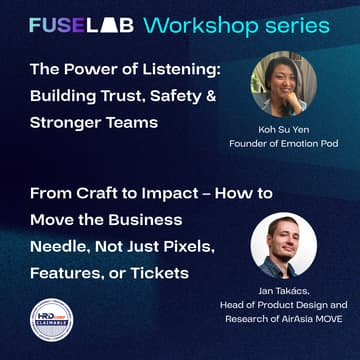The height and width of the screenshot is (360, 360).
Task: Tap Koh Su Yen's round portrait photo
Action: [282, 83]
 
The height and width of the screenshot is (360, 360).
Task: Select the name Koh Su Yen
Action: [283, 130]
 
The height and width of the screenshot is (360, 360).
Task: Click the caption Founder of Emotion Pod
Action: [283, 146]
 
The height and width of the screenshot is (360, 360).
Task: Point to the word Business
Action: [148, 219]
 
